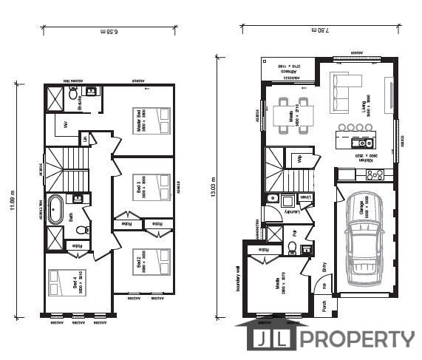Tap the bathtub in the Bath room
point(55,211)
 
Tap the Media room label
point(282,285)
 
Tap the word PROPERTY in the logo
point(356,339)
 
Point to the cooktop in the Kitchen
point(374,174)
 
